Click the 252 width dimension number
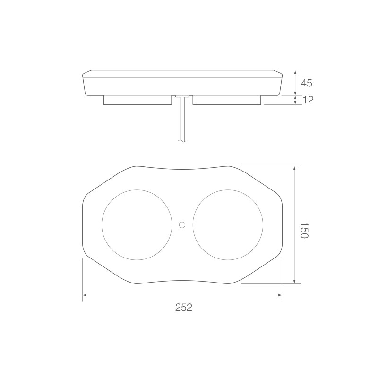click(x=184, y=308)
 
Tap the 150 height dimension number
click(x=304, y=230)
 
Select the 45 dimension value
click(x=306, y=83)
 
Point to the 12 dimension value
click(x=308, y=100)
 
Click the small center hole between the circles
click(x=182, y=225)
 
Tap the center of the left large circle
click(x=137, y=225)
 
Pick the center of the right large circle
click(x=228, y=225)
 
